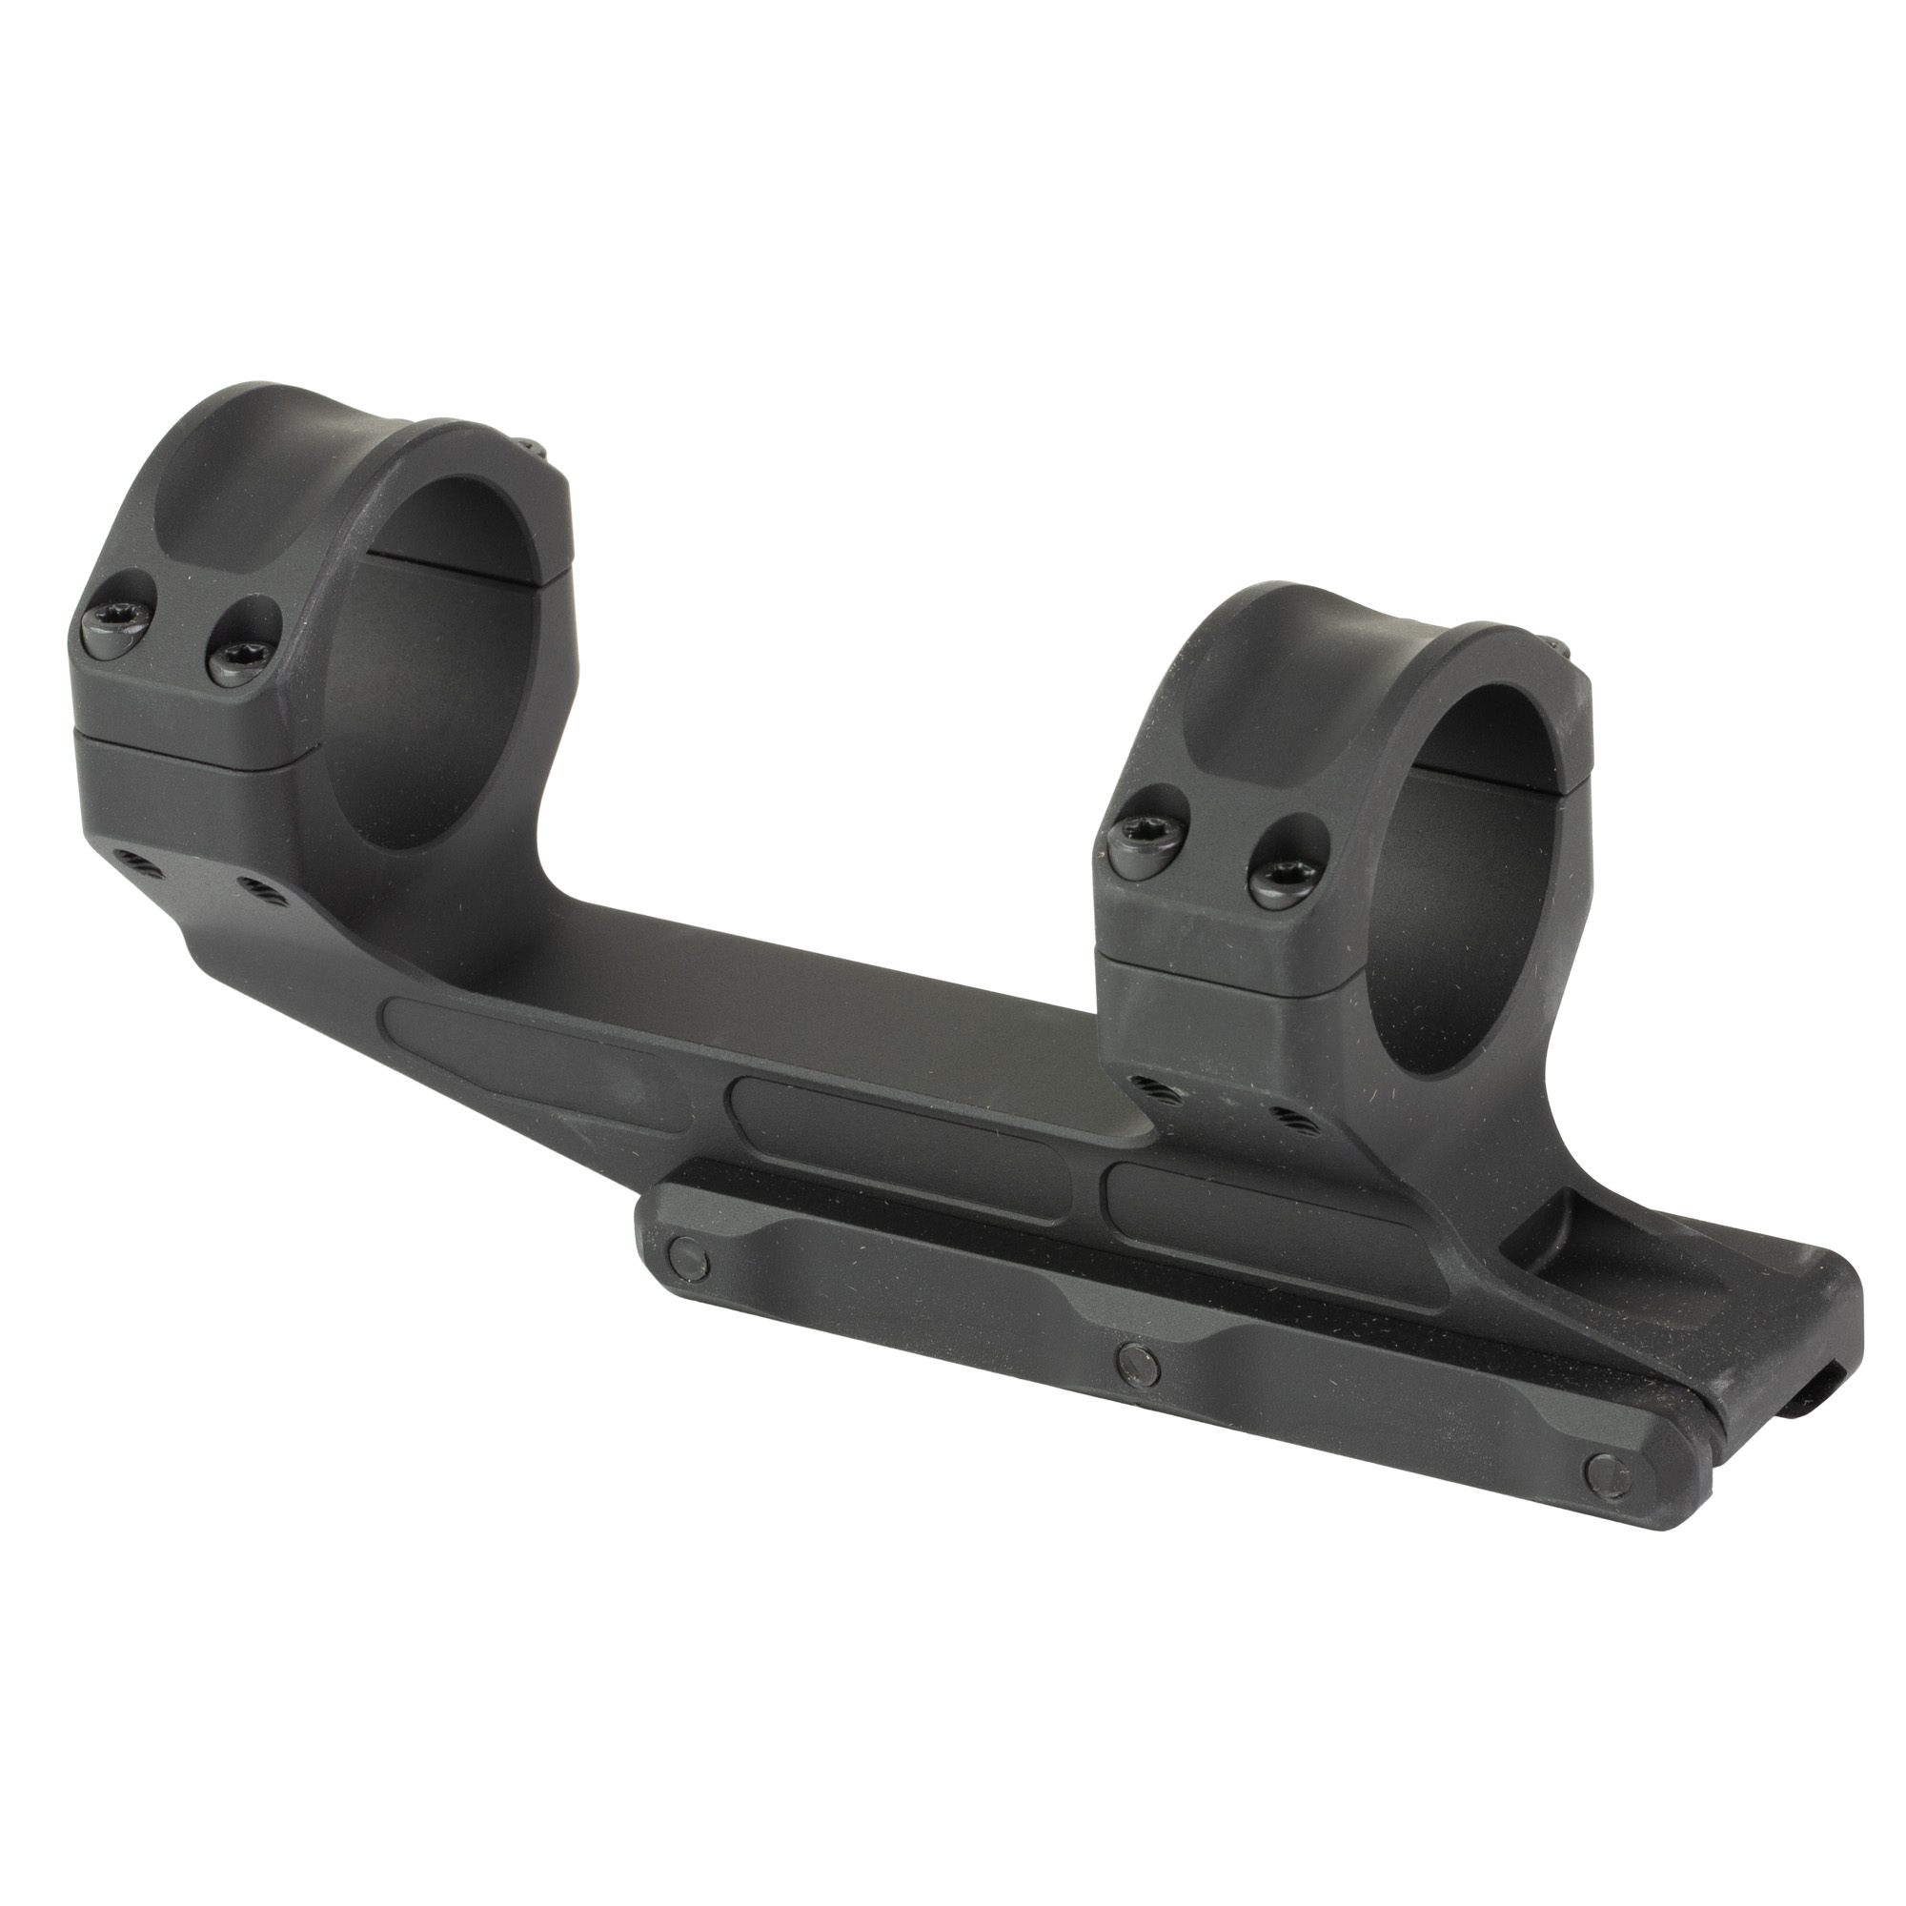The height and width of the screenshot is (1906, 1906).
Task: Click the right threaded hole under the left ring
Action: [x=257, y=883]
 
